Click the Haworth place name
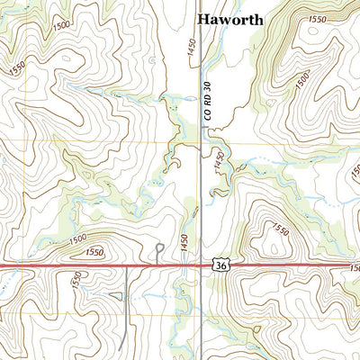click(x=230, y=17)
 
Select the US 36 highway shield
click(x=220, y=266)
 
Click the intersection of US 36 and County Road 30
click(x=200, y=266)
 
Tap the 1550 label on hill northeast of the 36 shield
click(x=280, y=231)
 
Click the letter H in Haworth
click(x=203, y=17)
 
